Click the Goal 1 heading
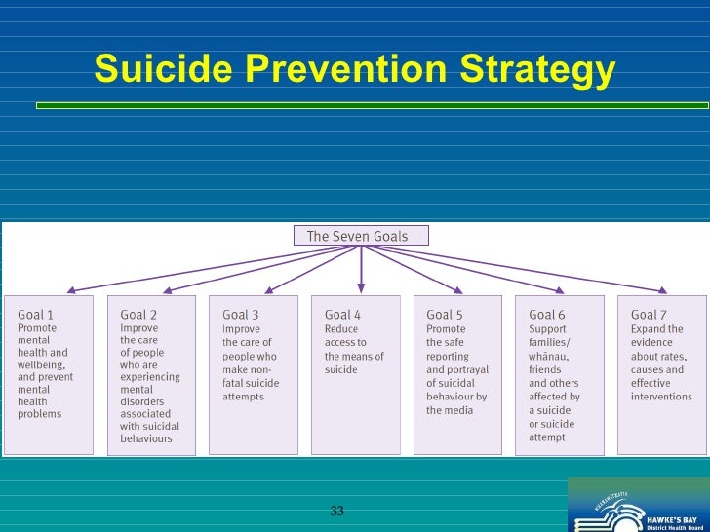click(37, 315)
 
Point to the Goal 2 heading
click(138, 315)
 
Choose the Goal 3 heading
click(241, 315)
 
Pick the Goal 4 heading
click(342, 315)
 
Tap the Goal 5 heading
click(445, 315)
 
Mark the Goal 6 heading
click(547, 315)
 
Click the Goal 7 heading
click(650, 315)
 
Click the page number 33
click(337, 512)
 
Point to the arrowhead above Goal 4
click(361, 287)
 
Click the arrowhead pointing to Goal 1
click(69, 289)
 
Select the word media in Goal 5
click(459, 411)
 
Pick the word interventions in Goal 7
click(662, 398)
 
